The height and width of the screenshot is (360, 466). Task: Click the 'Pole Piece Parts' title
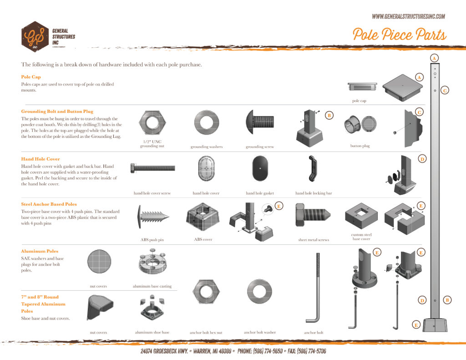click(399, 35)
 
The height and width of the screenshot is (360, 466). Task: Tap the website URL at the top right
click(408, 16)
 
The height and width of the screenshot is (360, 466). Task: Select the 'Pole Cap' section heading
click(31, 77)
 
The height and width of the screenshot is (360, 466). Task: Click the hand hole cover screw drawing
click(152, 167)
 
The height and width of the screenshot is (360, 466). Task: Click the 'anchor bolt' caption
click(314, 333)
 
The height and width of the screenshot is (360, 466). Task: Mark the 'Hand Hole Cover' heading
click(41, 159)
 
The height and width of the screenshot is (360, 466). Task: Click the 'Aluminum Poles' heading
click(40, 251)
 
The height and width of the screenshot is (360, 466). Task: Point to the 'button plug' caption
click(360, 146)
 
